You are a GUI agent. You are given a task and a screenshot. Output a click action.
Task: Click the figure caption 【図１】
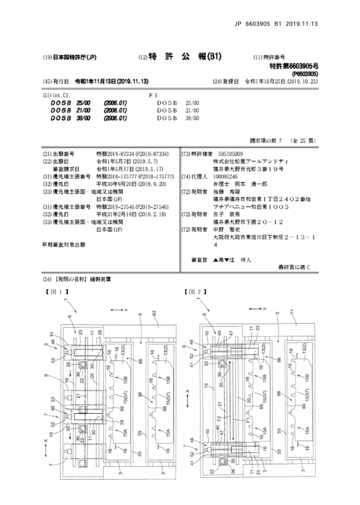(57, 292)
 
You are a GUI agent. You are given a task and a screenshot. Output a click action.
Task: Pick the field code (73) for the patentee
(186, 154)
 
